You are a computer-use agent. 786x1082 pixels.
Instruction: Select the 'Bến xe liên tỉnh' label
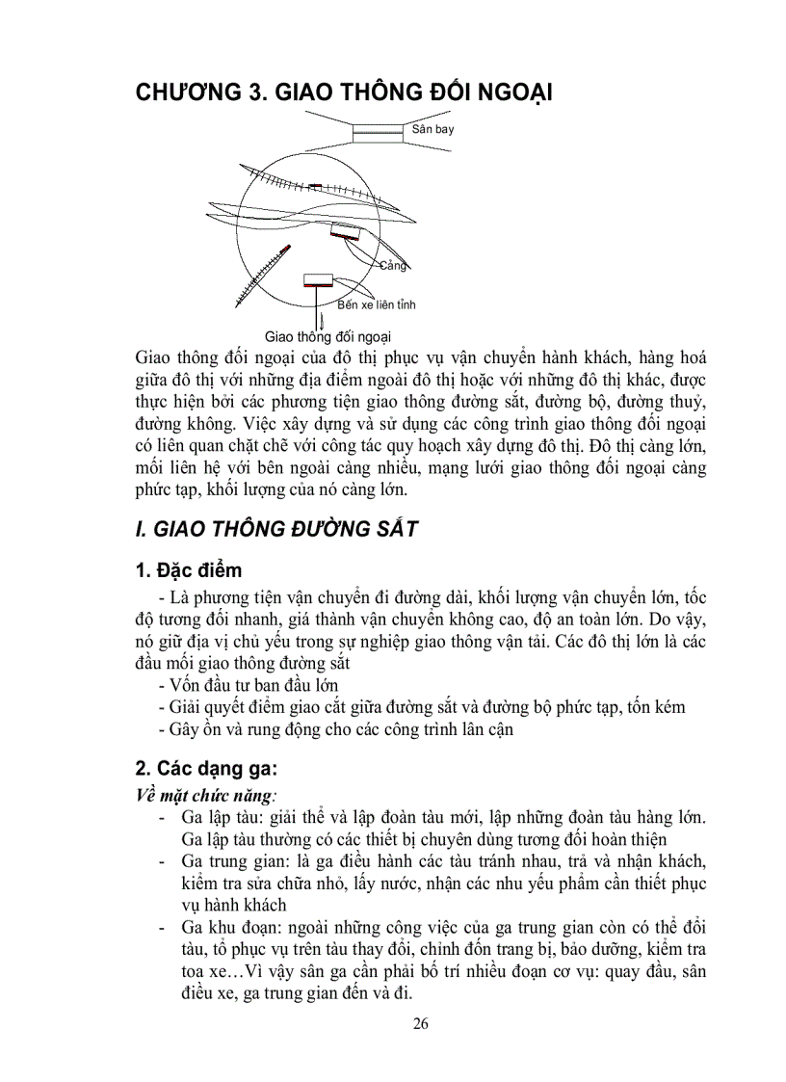pyautogui.click(x=377, y=304)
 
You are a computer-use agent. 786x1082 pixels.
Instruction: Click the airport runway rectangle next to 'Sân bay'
pyautogui.click(x=377, y=132)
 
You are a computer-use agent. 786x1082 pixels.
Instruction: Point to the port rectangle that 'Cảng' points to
pyautogui.click(x=345, y=231)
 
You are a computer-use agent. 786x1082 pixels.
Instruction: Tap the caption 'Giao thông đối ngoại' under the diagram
pyautogui.click(x=327, y=335)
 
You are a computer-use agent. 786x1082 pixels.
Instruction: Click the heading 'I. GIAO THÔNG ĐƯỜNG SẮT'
pyautogui.click(x=275, y=528)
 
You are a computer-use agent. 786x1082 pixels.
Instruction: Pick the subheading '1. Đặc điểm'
pyautogui.click(x=189, y=570)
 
